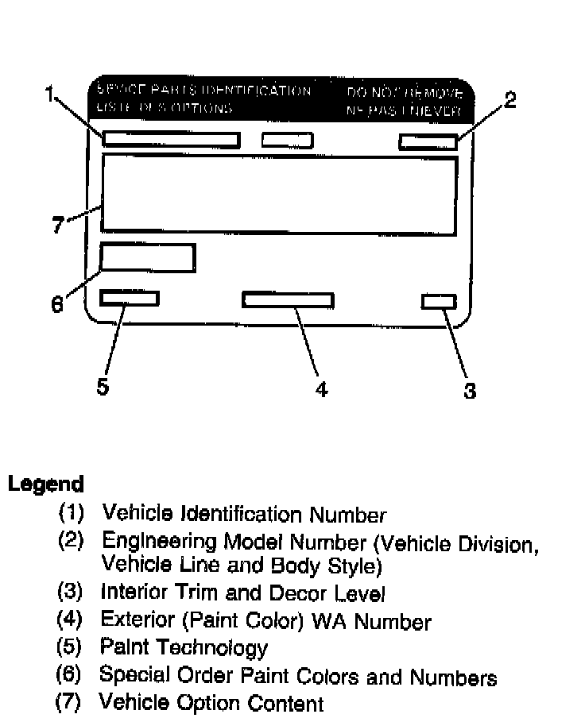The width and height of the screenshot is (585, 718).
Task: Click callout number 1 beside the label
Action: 50,95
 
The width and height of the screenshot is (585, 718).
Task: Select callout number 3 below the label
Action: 470,390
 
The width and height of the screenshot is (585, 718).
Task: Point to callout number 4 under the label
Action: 321,389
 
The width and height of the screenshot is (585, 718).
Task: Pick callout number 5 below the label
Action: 103,387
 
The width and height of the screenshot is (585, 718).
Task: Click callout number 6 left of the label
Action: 56,304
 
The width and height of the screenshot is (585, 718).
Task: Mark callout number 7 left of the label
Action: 57,226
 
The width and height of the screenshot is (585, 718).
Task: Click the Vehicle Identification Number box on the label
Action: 171,140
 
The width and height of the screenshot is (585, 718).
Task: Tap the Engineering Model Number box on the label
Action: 428,141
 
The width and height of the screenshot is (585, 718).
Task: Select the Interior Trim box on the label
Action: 439,301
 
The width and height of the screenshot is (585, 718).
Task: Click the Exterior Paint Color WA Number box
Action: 288,299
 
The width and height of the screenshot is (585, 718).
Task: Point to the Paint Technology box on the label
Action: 130,298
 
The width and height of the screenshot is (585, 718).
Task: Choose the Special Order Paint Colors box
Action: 148,258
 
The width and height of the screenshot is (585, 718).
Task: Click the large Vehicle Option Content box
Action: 279,195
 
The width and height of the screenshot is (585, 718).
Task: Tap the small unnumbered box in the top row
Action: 287,140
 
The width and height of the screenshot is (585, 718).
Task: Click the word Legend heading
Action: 45,484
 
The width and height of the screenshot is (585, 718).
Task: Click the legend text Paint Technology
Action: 184,647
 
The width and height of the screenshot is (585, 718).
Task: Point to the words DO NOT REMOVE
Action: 405,94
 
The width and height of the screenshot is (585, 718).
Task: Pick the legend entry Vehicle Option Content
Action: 211,703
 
